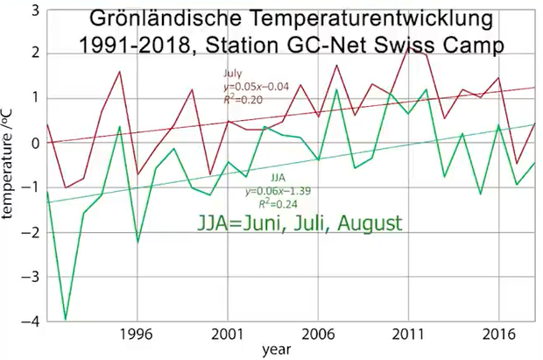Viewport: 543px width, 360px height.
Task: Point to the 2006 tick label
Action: click(x=318, y=334)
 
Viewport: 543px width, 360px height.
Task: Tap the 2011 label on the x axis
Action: click(x=408, y=334)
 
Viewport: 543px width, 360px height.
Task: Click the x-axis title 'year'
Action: click(x=271, y=350)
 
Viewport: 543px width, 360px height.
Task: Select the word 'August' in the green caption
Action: click(x=367, y=222)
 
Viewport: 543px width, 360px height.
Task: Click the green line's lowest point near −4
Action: click(x=65, y=320)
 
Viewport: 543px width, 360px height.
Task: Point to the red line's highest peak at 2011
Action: click(x=408, y=48)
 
